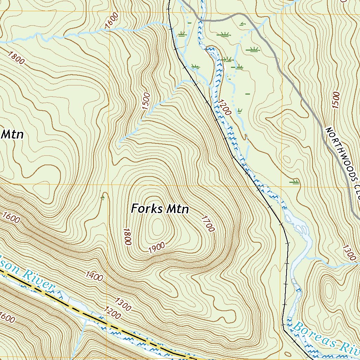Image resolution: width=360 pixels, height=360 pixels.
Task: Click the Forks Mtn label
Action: (160, 209)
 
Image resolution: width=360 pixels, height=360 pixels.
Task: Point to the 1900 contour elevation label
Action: (157, 248)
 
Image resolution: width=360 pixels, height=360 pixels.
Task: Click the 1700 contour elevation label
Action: (207, 224)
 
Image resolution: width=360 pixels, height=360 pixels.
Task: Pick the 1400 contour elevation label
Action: (94, 276)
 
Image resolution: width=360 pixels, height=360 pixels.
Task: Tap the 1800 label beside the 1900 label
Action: (127, 236)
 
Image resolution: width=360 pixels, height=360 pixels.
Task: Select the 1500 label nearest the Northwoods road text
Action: (336, 101)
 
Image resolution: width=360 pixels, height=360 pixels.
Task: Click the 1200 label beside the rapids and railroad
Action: (224, 107)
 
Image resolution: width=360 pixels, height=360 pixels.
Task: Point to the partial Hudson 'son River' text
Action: (28, 278)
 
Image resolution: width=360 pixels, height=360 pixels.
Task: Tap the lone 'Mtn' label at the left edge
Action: (12, 134)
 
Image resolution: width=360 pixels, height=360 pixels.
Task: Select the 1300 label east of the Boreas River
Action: (348, 252)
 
